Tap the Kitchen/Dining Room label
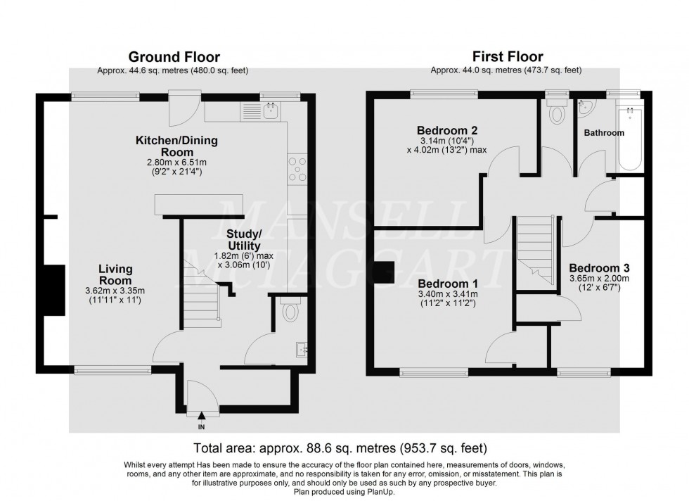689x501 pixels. [x=176, y=146]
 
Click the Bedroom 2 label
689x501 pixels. [x=447, y=130]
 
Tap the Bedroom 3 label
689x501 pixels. [x=598, y=268]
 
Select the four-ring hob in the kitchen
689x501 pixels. [x=297, y=169]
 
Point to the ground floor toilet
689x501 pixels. [x=288, y=310]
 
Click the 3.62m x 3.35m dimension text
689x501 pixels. [x=116, y=291]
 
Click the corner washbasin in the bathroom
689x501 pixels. [x=585, y=107]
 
